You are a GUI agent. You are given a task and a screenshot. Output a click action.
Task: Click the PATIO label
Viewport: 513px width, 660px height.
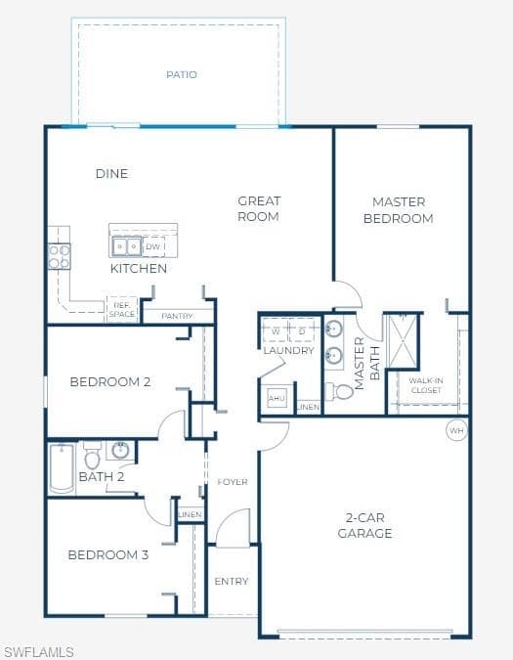point(181,74)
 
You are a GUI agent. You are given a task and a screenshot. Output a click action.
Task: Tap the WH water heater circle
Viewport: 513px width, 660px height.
point(456,430)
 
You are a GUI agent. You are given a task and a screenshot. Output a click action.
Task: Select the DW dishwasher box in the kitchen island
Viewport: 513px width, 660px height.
point(153,246)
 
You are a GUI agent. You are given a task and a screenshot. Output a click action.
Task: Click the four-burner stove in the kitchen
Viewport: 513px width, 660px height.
point(59,256)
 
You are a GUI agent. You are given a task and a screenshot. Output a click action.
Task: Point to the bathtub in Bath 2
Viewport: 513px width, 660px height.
point(62,468)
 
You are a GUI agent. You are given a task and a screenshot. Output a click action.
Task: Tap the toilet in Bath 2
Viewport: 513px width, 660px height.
point(92,455)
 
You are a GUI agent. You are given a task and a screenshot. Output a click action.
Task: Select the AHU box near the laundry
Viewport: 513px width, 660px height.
point(277,398)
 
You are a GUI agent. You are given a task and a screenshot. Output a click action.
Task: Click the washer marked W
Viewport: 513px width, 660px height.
point(276,330)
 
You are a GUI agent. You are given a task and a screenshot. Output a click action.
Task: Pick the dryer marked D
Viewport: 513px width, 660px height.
point(302,330)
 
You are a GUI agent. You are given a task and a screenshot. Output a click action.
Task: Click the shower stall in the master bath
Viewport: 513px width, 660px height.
point(403,342)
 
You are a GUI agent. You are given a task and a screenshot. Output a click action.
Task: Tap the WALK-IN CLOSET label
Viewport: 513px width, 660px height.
point(426,385)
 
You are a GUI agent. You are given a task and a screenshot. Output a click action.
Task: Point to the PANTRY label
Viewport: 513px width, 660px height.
point(177,316)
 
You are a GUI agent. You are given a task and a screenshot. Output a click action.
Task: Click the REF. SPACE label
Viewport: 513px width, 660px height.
point(122,309)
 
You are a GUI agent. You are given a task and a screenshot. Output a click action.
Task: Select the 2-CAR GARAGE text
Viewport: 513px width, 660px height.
point(365,525)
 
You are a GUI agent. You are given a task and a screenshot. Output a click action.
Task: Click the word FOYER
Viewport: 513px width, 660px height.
point(233,482)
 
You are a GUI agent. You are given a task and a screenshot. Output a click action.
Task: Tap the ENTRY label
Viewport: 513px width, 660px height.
point(232,581)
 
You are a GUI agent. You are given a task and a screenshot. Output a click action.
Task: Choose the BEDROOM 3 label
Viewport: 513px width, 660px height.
point(108,554)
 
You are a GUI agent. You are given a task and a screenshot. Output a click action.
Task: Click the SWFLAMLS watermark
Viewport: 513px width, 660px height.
point(39,652)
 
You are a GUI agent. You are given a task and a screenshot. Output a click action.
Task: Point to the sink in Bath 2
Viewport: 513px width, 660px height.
point(120,450)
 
